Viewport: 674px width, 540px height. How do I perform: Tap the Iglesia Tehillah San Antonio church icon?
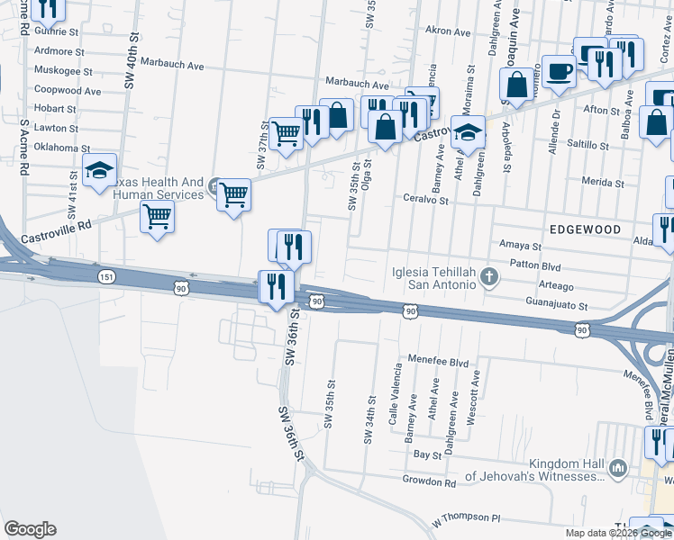pyautogui.click(x=489, y=275)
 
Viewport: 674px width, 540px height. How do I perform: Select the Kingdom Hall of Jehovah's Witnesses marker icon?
pyautogui.click(x=617, y=468)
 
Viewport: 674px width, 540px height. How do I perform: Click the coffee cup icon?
pyautogui.click(x=558, y=71)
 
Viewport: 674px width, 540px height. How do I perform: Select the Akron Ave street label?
pyautogui.click(x=448, y=31)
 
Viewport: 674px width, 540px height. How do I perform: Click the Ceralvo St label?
pyautogui.click(x=425, y=198)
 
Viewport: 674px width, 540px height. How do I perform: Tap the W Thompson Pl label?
pyautogui.click(x=465, y=519)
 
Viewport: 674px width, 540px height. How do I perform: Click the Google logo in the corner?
pyautogui.click(x=30, y=529)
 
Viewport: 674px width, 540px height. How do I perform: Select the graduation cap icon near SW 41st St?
pyautogui.click(x=99, y=169)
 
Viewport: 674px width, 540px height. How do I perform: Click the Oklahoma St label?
pyautogui.click(x=61, y=148)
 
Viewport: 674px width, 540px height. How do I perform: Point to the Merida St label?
pyautogui.click(x=603, y=182)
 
